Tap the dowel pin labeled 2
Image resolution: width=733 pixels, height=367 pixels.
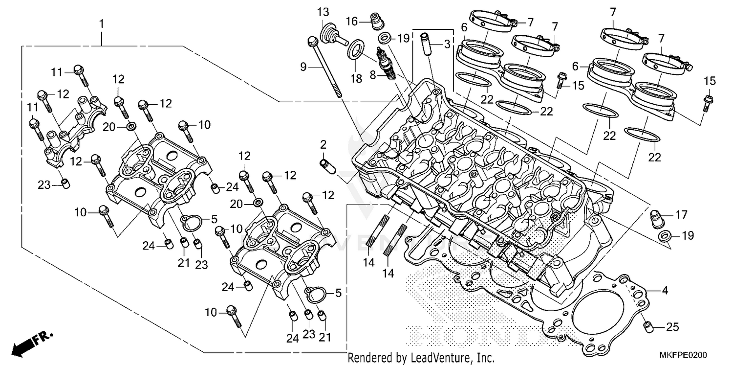point(326,166)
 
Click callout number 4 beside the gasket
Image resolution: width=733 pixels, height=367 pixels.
point(665,291)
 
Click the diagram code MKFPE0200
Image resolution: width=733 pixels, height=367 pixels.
point(686,355)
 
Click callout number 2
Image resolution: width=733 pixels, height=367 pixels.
point(323,144)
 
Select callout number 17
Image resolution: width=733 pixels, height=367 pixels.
point(682,214)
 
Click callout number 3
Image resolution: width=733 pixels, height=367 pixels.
point(447,45)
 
